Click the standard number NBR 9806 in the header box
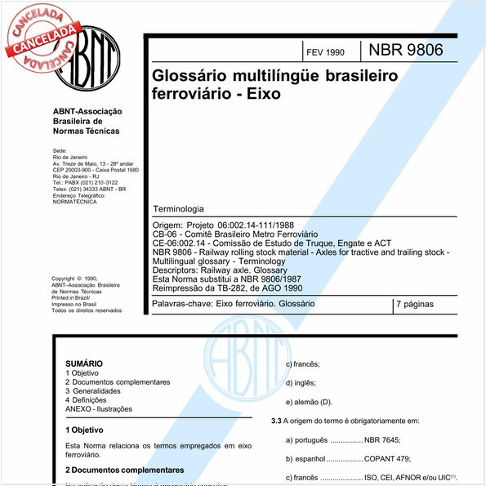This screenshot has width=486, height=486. (x=406, y=50)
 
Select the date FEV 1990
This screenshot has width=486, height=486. (x=324, y=52)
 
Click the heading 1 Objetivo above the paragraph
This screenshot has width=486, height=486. (x=84, y=429)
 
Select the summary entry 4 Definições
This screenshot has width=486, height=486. (x=91, y=400)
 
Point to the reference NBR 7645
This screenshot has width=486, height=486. (x=384, y=439)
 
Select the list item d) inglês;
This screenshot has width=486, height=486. (x=301, y=382)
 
